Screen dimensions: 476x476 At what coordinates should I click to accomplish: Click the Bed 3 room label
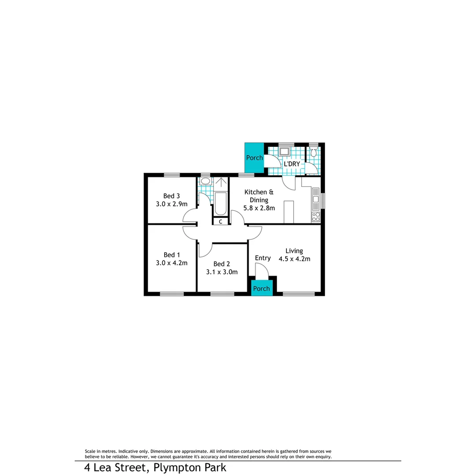click(172, 196)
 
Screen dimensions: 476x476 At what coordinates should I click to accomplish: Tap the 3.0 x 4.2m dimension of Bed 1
click(172, 263)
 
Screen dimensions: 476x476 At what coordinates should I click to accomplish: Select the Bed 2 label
click(222, 264)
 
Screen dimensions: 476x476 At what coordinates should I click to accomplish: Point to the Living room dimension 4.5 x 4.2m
click(294, 259)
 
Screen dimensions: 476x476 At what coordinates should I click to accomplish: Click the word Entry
click(263, 258)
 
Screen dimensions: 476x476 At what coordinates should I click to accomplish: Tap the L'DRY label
click(292, 164)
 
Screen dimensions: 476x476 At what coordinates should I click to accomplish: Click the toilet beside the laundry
click(313, 152)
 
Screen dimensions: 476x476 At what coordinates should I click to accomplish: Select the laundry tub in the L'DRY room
click(284, 152)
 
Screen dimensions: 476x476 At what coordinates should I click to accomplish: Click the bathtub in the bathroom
click(220, 204)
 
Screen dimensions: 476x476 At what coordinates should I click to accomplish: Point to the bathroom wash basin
click(205, 181)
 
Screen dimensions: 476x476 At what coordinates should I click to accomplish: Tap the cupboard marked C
click(220, 222)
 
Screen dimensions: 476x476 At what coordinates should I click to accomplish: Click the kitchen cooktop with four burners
click(316, 216)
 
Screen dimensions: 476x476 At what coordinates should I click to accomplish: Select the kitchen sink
click(316, 199)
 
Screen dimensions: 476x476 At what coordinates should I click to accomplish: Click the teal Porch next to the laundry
click(254, 158)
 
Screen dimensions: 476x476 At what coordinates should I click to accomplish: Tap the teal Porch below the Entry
click(261, 289)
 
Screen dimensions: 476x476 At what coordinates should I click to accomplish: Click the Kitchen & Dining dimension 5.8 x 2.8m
click(260, 208)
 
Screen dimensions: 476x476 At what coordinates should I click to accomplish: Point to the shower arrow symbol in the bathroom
click(221, 182)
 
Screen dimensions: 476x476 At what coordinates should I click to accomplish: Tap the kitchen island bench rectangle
click(289, 212)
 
